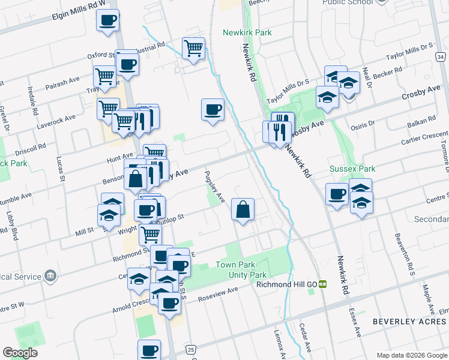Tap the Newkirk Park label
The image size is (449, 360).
point(247,32)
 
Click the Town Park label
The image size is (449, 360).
point(235,265)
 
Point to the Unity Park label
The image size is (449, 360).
point(247,275)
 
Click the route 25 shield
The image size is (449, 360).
point(190,350)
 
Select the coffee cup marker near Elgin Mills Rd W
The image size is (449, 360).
point(107,20)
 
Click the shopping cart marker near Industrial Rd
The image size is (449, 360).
point(193,47)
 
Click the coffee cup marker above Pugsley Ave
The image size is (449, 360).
point(212,109)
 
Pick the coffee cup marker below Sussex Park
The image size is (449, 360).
point(337,194)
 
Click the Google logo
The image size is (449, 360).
point(20,353)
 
